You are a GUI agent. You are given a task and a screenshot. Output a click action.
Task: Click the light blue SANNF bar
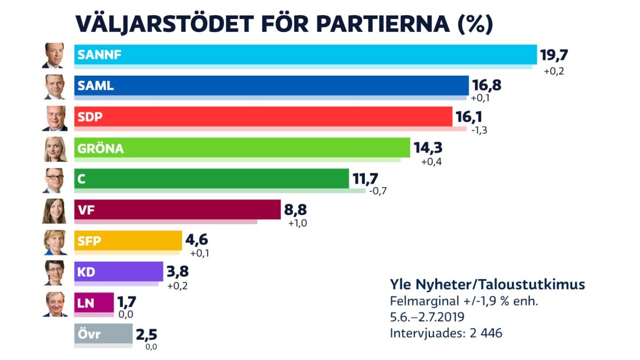point(305,55)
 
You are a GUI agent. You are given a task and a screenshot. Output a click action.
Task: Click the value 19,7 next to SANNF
point(553,55)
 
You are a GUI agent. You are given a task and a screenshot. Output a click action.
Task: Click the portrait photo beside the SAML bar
point(55,87)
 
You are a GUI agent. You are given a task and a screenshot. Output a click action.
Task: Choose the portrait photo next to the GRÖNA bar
point(55,149)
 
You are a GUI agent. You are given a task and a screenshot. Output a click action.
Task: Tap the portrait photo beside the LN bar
point(55,304)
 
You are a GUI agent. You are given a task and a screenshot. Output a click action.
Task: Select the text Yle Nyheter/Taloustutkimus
point(487,285)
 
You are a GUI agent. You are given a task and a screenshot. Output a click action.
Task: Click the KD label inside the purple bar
point(87,272)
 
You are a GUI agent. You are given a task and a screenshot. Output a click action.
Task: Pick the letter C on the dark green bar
point(81,179)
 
